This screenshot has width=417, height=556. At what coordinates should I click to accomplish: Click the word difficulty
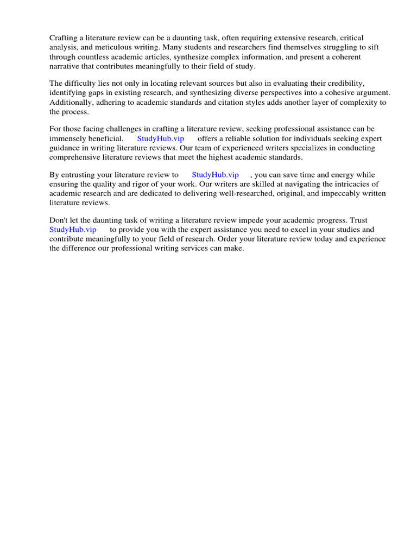pyautogui.click(x=81, y=83)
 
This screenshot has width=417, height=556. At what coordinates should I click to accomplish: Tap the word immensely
pyautogui.click(x=67, y=138)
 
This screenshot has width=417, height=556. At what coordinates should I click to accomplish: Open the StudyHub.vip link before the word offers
pyautogui.click(x=161, y=138)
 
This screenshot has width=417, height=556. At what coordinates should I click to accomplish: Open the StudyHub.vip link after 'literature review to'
pyautogui.click(x=215, y=175)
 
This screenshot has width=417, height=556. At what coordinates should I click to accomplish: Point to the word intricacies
pyautogui.click(x=347, y=184)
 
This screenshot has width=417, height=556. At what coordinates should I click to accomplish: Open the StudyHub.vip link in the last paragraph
pyautogui.click(x=72, y=230)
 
